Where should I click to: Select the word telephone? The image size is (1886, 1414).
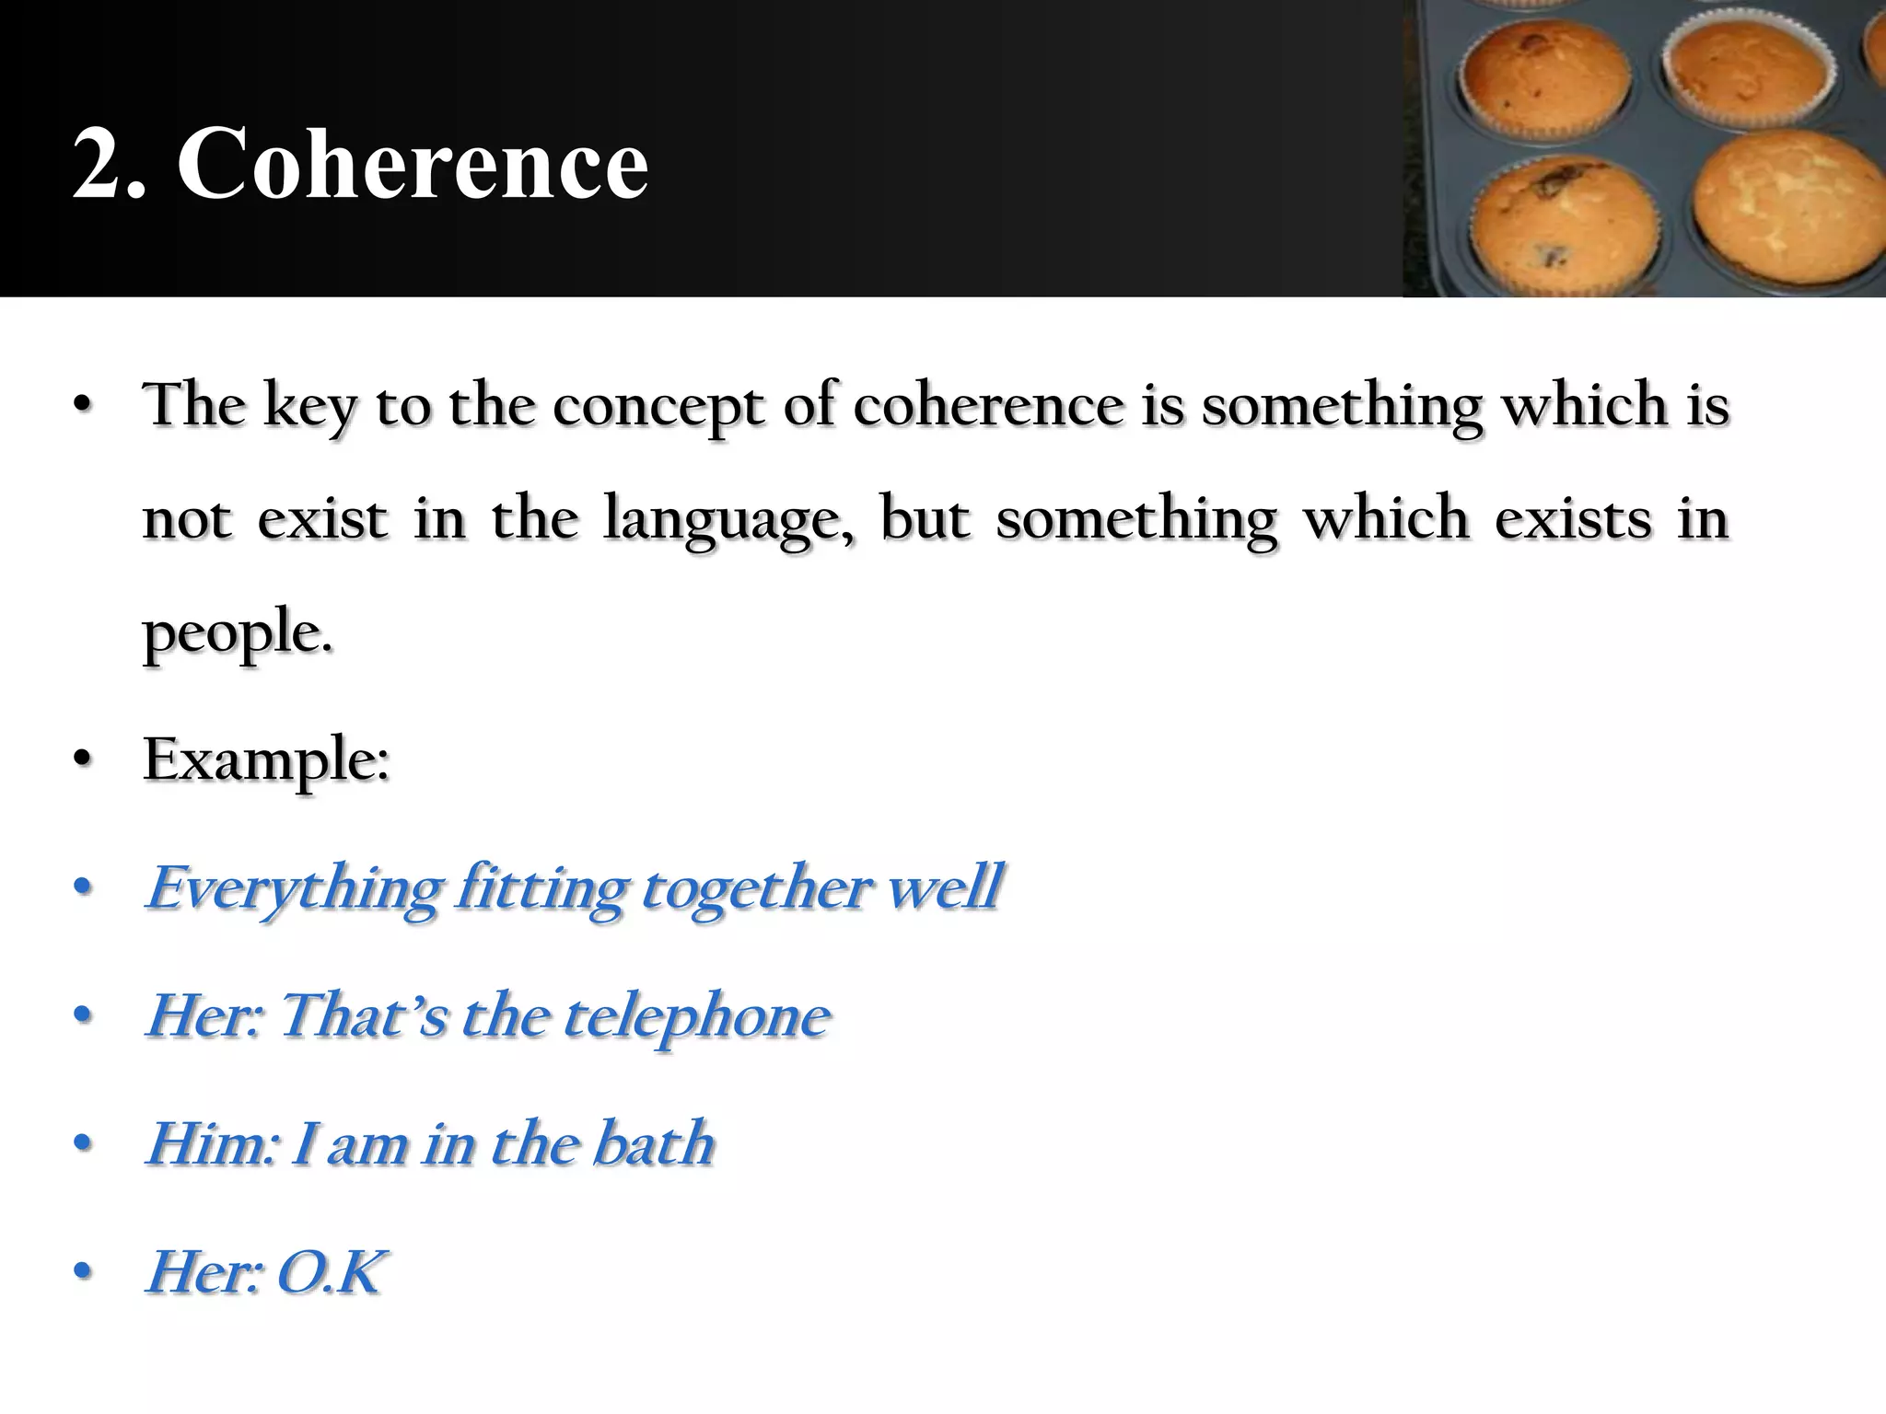[696, 1016]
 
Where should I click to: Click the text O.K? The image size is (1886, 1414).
[330, 1272]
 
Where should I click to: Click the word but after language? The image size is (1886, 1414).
[925, 519]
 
